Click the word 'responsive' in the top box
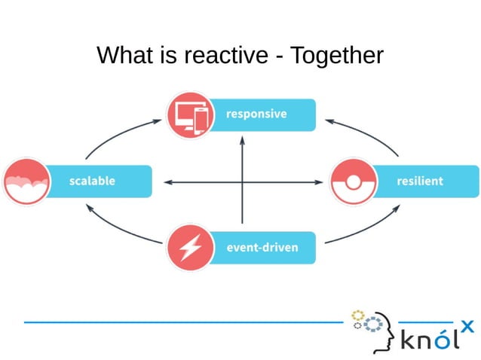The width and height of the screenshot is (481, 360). click(x=256, y=114)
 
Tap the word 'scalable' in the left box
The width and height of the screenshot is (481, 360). click(x=92, y=182)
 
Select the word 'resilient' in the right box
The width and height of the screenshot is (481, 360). click(x=420, y=182)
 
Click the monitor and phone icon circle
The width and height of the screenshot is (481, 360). click(x=188, y=114)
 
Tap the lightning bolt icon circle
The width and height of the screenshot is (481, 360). click(x=188, y=248)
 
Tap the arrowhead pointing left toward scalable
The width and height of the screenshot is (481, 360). click(x=168, y=182)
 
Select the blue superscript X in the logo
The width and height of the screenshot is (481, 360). click(x=467, y=325)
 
